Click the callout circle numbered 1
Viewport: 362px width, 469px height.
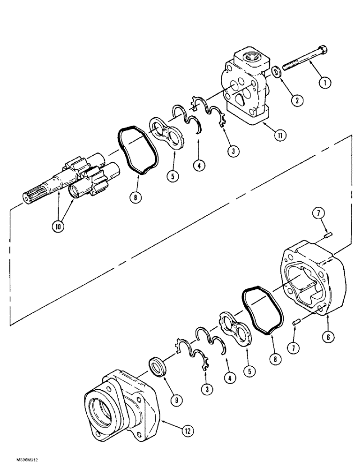point(324,83)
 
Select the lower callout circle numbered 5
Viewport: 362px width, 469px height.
point(249,371)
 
